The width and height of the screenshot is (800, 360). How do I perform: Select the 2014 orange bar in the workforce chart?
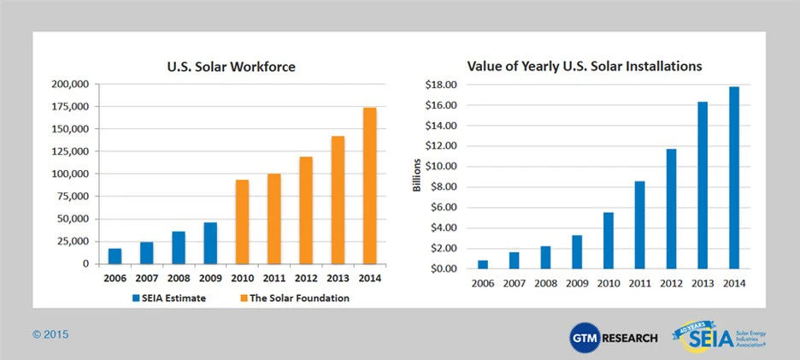coord(369,186)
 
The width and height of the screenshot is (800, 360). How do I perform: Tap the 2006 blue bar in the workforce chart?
coord(115,256)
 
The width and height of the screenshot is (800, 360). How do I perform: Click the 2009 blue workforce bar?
coord(210,243)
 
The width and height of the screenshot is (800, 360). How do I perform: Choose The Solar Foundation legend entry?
coord(283,298)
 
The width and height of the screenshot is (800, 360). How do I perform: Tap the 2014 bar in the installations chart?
coord(734,177)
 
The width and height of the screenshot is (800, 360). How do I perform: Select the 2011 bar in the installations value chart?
coord(639,224)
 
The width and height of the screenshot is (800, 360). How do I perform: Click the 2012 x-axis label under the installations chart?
coord(671,284)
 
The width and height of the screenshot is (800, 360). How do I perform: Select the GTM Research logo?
coord(614,337)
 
